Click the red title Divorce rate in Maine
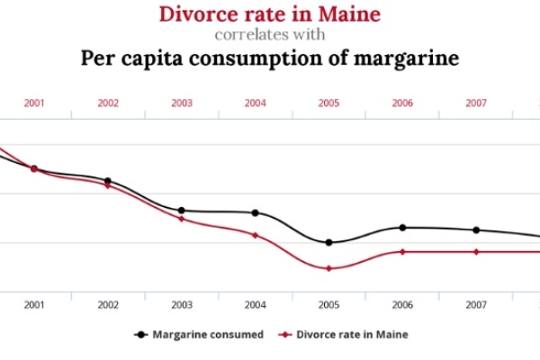click(x=269, y=14)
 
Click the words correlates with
click(x=269, y=36)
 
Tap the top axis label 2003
click(x=182, y=103)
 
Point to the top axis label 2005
click(x=328, y=103)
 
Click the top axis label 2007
click(x=476, y=103)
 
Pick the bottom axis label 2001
click(x=34, y=304)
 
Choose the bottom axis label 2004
click(x=256, y=304)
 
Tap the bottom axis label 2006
click(x=402, y=304)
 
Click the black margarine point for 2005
click(x=328, y=242)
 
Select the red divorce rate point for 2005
click(x=328, y=268)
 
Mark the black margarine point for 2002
click(x=108, y=181)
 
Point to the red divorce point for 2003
click(x=182, y=219)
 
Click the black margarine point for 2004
click(x=256, y=212)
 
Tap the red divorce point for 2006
click(x=402, y=252)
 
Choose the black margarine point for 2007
click(x=476, y=230)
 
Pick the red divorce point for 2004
click(x=256, y=235)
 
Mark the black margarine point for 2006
click(x=402, y=228)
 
